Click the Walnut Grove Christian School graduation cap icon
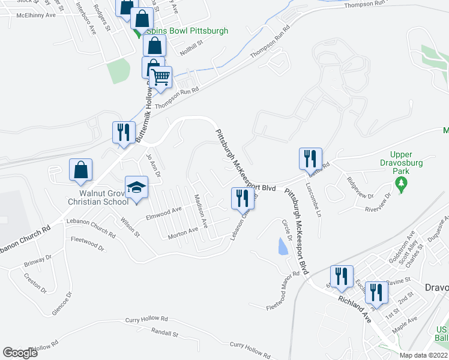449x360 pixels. point(136,188)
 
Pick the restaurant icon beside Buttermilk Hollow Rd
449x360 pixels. point(124,133)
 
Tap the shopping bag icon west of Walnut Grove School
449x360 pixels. point(80,170)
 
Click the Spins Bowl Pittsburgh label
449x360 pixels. point(176,30)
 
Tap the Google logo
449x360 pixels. point(20,353)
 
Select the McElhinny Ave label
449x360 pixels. point(36,15)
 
